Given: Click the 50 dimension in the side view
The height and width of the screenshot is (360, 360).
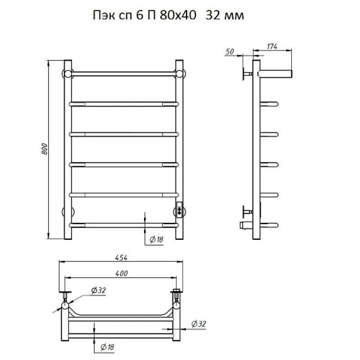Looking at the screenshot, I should pyautogui.click(x=229, y=52).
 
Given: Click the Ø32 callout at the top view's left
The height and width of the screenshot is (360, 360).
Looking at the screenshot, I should pyautogui.click(x=98, y=291).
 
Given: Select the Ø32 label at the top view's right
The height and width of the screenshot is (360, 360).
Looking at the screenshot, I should pyautogui.click(x=198, y=324).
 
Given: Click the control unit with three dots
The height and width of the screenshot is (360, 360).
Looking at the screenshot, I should pyautogui.click(x=180, y=210).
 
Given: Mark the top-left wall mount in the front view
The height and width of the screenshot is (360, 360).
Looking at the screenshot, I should pyautogui.click(x=67, y=73).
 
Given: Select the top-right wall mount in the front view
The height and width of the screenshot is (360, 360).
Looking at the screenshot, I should pyautogui.click(x=180, y=73).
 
